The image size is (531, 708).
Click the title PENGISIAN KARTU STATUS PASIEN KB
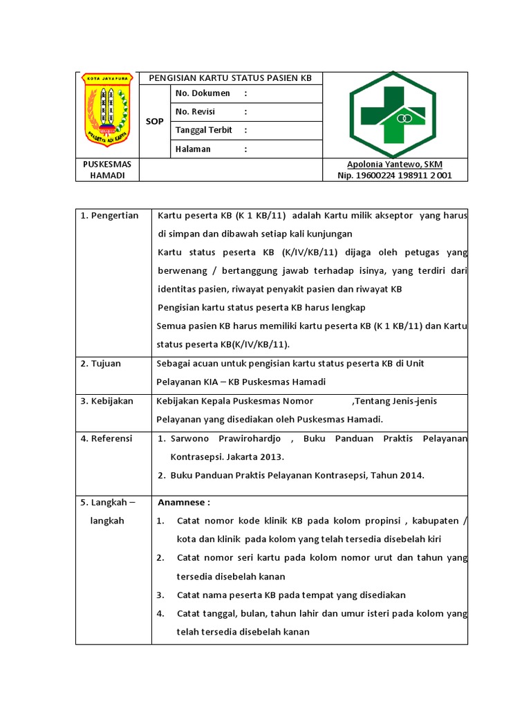[230, 78]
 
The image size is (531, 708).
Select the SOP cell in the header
[154, 122]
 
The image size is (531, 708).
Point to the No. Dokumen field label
[203, 93]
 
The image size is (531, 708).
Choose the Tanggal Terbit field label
[204, 130]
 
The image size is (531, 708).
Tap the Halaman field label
[194, 149]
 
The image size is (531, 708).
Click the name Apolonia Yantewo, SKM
[394, 164]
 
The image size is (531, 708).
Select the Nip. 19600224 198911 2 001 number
[394, 176]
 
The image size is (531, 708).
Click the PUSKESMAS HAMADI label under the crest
[107, 170]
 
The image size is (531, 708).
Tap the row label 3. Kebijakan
[107, 401]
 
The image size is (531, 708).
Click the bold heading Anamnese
[184, 502]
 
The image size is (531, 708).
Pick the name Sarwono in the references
[191, 438]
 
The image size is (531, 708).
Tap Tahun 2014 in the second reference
[399, 475]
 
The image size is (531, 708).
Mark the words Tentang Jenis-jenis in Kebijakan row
[395, 401]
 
